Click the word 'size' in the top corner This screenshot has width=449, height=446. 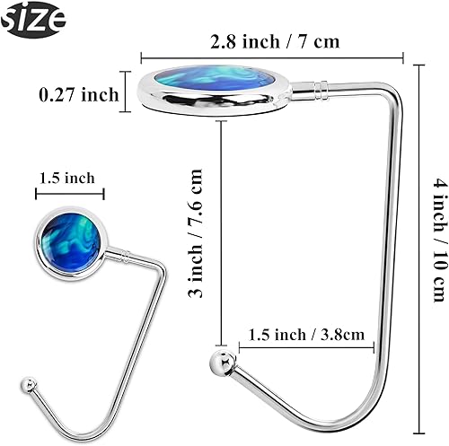tap(33, 17)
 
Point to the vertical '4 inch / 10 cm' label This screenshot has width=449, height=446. tap(438, 238)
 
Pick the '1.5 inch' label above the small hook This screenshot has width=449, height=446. tap(66, 178)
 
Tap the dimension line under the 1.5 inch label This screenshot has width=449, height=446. tap(71, 193)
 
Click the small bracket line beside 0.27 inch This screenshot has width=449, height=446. tap(122, 95)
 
